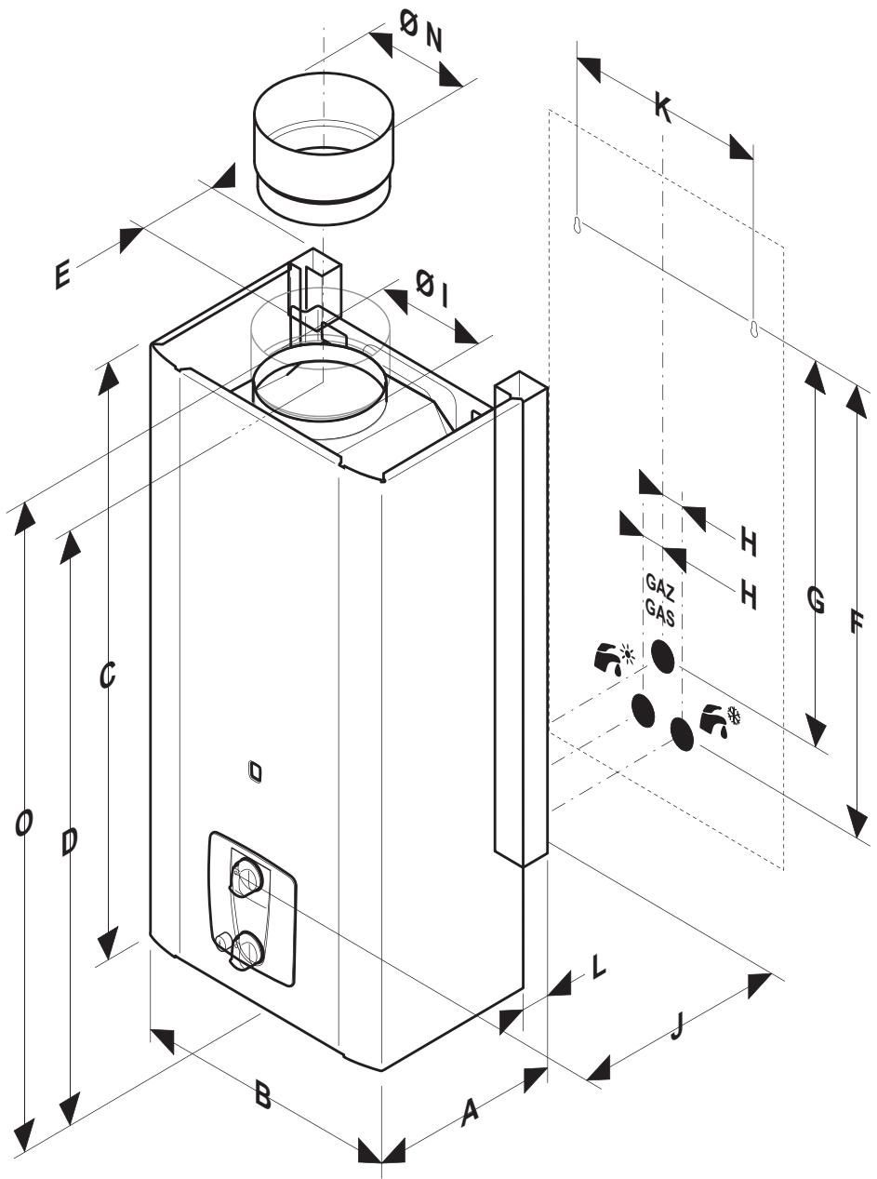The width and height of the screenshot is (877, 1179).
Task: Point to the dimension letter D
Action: pos(69,841)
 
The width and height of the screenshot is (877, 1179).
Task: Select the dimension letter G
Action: pos(815,600)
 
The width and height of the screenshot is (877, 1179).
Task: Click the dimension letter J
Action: pos(676,1025)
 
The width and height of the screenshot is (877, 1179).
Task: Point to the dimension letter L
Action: pos(599,966)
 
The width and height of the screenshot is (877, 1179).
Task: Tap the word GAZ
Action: pos(659,587)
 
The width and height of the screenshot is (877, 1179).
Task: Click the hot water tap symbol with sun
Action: pos(614,658)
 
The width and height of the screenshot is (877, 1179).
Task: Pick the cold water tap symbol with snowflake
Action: pos(721,719)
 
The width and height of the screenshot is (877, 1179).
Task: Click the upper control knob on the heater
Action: pos(246,875)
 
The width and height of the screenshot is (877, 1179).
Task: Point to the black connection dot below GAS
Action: pos(662,656)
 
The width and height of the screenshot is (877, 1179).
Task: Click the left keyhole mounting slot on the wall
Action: pos(578,224)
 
